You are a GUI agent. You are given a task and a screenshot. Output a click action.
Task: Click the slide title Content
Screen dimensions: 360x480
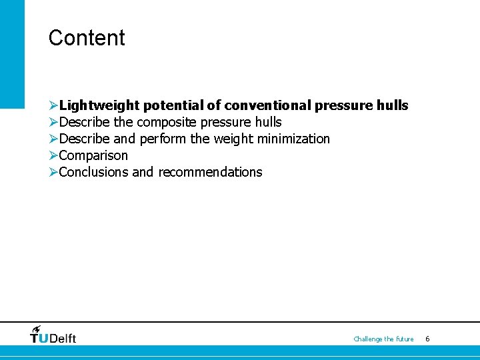[x=87, y=38]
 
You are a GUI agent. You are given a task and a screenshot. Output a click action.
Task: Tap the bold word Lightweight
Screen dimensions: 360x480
[x=99, y=105]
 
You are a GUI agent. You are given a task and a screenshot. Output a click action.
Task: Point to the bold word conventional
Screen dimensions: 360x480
[x=267, y=105]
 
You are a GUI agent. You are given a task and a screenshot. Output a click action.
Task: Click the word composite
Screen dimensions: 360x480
[x=166, y=122]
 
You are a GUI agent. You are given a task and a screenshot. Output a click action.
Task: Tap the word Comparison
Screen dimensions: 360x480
[x=93, y=155]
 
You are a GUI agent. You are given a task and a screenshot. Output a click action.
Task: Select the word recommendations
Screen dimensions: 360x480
[x=210, y=172]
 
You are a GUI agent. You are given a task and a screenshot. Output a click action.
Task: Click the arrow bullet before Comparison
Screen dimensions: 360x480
[x=53, y=155]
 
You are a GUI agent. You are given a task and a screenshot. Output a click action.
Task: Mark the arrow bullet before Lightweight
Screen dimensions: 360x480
[x=53, y=105]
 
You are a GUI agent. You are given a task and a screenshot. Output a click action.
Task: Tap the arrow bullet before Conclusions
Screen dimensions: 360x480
[x=53, y=172]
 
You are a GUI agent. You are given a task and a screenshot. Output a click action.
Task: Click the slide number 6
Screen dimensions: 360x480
[x=427, y=339]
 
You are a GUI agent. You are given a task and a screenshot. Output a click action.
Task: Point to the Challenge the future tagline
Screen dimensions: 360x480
[x=383, y=339]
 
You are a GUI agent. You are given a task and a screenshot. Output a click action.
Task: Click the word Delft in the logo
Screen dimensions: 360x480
[x=63, y=339]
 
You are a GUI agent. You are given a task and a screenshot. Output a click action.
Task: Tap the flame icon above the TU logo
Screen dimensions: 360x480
[x=36, y=329]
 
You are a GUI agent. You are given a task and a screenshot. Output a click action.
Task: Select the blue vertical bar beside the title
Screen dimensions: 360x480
[x=12, y=53]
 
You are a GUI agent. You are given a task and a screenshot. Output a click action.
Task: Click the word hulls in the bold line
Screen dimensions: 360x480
[x=392, y=105]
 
